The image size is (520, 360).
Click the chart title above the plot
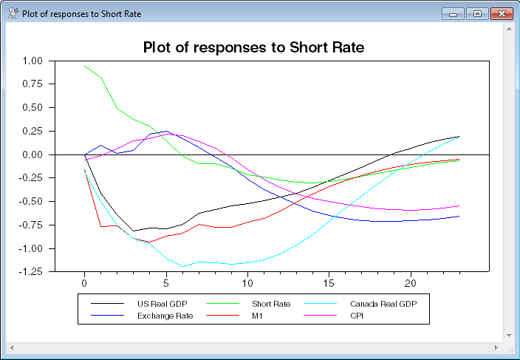coord(253,48)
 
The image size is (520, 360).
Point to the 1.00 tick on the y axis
coord(32,61)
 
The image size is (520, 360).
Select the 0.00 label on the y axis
coord(32,154)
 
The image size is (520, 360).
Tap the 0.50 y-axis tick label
coord(32,107)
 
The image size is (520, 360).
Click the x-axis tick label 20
coord(411,283)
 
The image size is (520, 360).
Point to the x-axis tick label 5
coord(166,283)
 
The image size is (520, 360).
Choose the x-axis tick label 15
coord(329,283)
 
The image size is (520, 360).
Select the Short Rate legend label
coord(271,304)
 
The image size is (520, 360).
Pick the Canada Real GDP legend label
coord(385,304)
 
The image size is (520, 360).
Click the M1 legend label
coord(258,316)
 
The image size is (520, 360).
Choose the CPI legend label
coord(357,316)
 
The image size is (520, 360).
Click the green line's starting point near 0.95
coord(85,66)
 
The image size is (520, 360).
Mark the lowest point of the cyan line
coord(182,266)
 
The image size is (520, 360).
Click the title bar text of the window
coord(81,14)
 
